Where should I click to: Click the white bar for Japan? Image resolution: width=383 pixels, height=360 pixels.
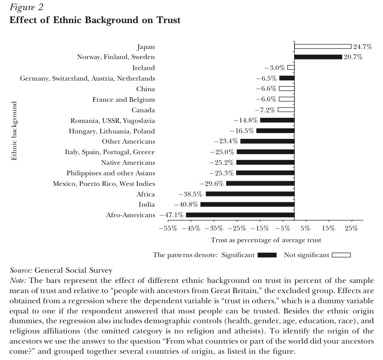(x=323, y=47)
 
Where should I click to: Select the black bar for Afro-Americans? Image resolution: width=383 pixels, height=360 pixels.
(x=240, y=215)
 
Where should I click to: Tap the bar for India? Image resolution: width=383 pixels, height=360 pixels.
(x=247, y=204)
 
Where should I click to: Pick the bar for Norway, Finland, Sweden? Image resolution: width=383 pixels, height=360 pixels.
(x=318, y=57)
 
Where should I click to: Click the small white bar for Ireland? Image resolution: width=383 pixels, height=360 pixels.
(x=291, y=68)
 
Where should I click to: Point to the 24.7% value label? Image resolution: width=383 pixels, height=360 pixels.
(x=362, y=47)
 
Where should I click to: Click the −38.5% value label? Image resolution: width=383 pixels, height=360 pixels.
(x=191, y=194)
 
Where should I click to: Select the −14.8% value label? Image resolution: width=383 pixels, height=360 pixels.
(x=246, y=121)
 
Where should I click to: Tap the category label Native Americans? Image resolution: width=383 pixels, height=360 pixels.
(x=128, y=162)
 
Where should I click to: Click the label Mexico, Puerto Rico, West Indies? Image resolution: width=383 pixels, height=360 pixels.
(x=104, y=184)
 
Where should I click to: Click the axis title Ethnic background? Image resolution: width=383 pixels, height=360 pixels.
(x=14, y=131)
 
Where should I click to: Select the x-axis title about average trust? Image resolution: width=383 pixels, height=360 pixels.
(x=266, y=240)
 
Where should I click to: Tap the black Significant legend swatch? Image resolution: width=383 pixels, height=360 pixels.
(x=267, y=255)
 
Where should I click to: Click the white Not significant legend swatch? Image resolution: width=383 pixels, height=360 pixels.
(x=341, y=255)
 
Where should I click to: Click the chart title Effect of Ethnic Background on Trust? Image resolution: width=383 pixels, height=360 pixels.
(x=95, y=20)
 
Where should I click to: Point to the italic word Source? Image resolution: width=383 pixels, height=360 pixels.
(x=21, y=270)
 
